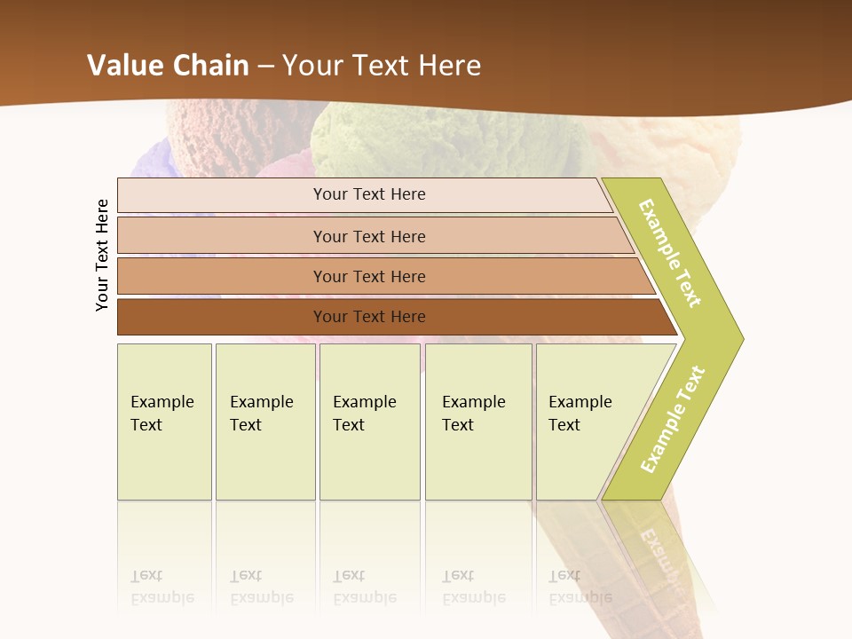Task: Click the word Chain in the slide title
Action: pos(210,66)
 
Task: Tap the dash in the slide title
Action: pos(265,67)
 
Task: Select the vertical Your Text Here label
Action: pos(102,255)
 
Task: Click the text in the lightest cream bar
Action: pos(369,194)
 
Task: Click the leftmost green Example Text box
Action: pos(164,422)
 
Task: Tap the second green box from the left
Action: pos(264,422)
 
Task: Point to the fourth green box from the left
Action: pos(478,422)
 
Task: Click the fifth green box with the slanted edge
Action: pos(586,422)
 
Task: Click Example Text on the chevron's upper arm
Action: pos(671,254)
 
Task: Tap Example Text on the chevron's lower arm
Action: pos(673,420)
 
